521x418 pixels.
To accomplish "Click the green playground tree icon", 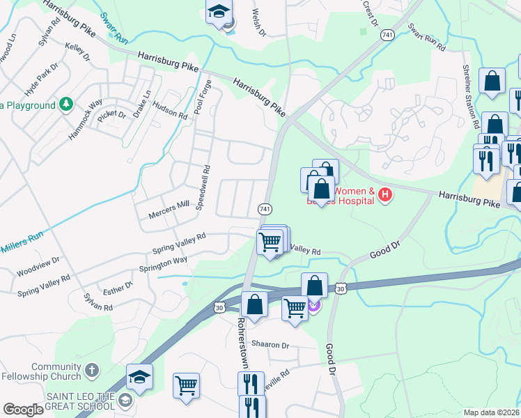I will pyautogui.click(x=66, y=105).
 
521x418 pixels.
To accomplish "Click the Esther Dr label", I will pyautogui.click(x=118, y=287).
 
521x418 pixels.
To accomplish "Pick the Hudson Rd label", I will pyautogui.click(x=169, y=111).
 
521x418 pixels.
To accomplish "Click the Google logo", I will pyautogui.click(x=23, y=410).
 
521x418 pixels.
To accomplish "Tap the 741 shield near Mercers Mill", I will pyautogui.click(x=265, y=209).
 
